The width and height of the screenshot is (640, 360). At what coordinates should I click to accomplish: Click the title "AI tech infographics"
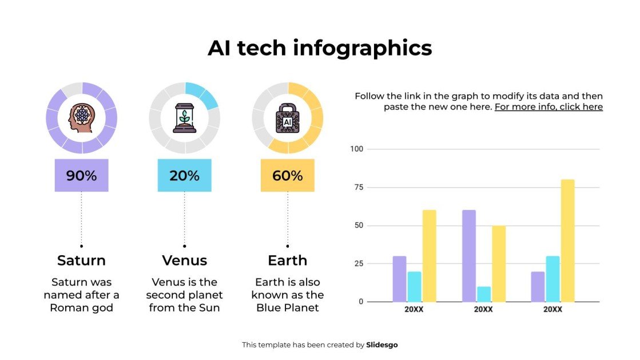point(320,48)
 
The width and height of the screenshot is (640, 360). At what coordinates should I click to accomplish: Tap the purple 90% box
point(81,176)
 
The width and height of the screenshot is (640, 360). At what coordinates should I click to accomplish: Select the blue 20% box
point(184,176)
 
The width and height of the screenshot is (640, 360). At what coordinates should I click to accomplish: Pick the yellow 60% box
point(287,176)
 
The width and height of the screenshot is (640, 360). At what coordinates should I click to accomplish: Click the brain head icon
point(81,118)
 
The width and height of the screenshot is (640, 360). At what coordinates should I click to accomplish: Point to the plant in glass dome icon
point(184,118)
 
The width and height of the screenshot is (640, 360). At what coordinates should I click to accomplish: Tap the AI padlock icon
point(287,118)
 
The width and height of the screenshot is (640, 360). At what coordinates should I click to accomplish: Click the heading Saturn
point(81,260)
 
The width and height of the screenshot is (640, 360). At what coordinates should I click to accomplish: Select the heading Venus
point(184,260)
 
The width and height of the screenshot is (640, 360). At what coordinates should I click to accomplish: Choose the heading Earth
point(287,260)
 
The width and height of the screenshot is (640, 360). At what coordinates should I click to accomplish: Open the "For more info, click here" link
point(548,107)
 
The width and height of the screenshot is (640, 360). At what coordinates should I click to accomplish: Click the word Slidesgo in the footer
point(382,345)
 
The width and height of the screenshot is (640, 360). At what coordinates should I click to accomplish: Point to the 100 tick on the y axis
point(356,149)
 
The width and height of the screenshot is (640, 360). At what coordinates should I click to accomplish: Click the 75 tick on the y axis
point(358,187)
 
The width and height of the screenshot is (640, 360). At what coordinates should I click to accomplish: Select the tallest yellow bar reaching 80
point(567,240)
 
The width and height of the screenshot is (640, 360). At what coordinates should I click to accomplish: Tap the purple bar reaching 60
point(468,256)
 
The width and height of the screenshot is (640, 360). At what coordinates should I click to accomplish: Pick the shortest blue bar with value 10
point(483,294)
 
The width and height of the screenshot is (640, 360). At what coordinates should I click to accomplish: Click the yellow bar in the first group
point(429,256)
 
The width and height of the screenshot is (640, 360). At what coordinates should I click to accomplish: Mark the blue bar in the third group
point(552,279)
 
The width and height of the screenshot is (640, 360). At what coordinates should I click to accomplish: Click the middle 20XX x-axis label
point(483,310)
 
